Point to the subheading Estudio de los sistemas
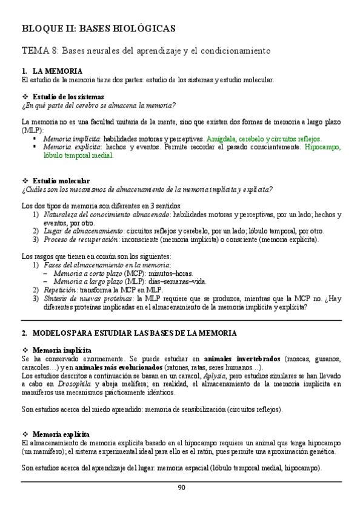68,97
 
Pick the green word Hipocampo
323,146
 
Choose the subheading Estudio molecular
61,181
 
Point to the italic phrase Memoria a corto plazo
87,273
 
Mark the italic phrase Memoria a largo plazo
88,281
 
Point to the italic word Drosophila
74,384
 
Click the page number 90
181,488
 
